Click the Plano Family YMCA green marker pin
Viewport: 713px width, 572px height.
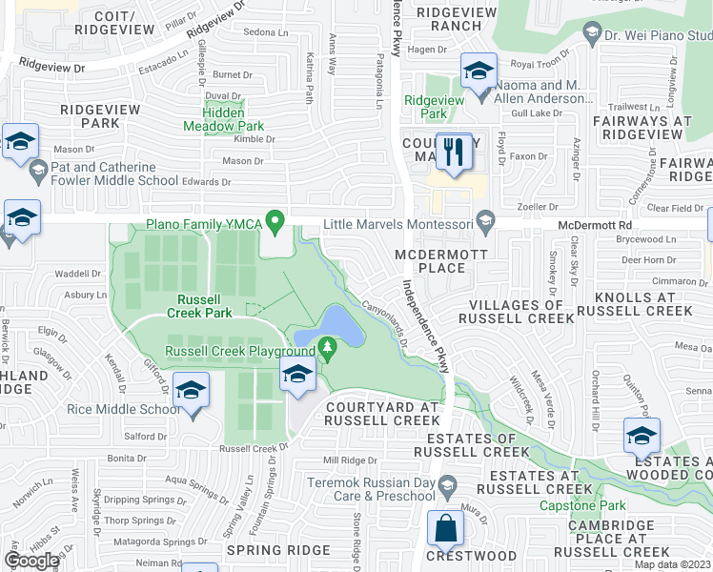(276, 224)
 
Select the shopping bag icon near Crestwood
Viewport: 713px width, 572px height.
(445, 526)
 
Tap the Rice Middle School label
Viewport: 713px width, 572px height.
(122, 410)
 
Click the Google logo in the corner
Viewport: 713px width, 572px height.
(32, 561)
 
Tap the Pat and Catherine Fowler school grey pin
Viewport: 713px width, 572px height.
(38, 173)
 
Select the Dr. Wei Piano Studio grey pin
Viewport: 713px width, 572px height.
(591, 34)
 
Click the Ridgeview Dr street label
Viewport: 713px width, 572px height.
(52, 69)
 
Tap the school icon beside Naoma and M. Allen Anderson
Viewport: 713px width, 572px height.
(479, 71)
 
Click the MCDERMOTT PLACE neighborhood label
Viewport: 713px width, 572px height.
(441, 261)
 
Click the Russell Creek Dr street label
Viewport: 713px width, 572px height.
(254, 447)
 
